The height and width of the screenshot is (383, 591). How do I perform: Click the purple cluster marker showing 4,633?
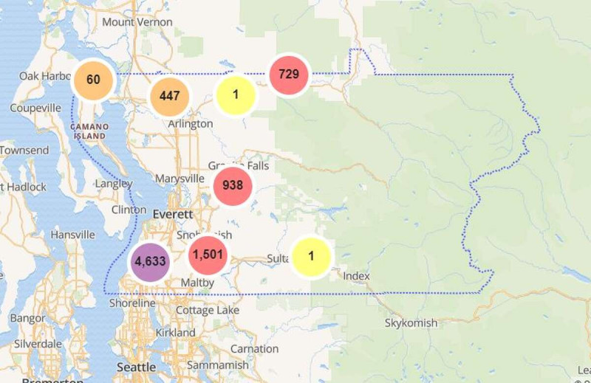coord(150,261)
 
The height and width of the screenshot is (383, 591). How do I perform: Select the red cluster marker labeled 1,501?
coord(208,255)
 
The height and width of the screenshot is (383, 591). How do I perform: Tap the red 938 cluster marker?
coord(233,186)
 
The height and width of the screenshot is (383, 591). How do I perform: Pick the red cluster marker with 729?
coord(289,75)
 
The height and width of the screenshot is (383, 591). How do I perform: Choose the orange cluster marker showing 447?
coord(169,97)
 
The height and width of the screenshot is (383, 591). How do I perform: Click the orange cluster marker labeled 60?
coord(93,79)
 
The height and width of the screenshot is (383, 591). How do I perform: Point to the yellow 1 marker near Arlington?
coord(236,95)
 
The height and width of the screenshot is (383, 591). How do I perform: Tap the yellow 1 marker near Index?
coord(311,256)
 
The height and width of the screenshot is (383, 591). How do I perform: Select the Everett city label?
coord(173,214)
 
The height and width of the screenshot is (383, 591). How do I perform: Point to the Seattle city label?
coord(137,367)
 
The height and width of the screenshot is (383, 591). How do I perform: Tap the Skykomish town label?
coord(411,323)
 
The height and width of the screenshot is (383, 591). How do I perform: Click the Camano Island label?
coord(89,131)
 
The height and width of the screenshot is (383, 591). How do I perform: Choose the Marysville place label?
coord(180,179)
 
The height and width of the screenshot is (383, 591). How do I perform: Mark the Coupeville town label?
coord(35,108)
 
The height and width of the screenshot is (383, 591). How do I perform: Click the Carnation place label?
coord(254,348)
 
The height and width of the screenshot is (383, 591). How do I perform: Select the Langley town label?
coord(114,183)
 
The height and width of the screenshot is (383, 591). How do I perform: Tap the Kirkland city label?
coord(175,333)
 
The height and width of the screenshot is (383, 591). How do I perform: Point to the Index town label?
coord(356,276)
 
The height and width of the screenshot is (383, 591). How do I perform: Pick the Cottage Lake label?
coord(208,311)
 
